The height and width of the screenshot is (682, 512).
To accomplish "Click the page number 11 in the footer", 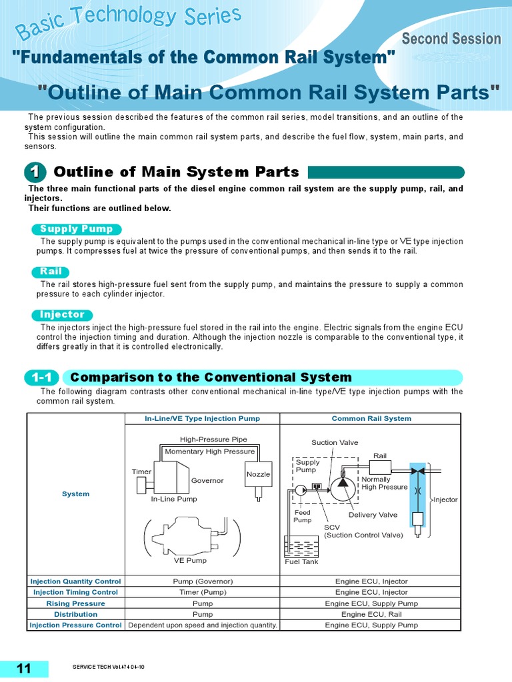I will click(24, 669).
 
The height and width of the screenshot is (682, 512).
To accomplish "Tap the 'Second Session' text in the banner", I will click(451, 39).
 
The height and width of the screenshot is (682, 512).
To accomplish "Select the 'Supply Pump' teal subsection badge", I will click(77, 229).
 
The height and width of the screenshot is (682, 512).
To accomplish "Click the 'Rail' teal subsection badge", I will click(51, 272).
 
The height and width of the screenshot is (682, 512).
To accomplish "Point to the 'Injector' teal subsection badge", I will click(63, 314).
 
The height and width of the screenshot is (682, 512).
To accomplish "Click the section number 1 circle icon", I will click(35, 172).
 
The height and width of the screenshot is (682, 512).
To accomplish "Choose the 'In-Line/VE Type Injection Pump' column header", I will click(203, 418).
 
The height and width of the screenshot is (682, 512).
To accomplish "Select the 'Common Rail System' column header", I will click(371, 418).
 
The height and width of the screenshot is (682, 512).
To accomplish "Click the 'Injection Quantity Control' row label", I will click(76, 581).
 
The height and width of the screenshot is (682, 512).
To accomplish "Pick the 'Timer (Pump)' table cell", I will click(203, 592).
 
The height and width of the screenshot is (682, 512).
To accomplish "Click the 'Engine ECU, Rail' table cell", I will click(371, 614).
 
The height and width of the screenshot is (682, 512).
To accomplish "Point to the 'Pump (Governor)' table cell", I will click(203, 581).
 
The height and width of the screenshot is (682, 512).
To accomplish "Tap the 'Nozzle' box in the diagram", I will click(258, 474).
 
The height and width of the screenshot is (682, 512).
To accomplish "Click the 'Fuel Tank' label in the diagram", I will click(301, 561).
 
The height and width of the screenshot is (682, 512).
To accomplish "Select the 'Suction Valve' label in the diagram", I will click(335, 442).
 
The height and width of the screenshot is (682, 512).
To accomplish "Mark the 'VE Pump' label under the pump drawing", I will click(190, 560).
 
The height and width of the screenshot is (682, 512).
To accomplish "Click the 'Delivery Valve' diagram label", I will click(373, 515).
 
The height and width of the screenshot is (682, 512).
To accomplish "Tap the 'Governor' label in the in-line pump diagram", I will click(207, 480).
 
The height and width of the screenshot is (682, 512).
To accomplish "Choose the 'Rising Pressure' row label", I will click(76, 603).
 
